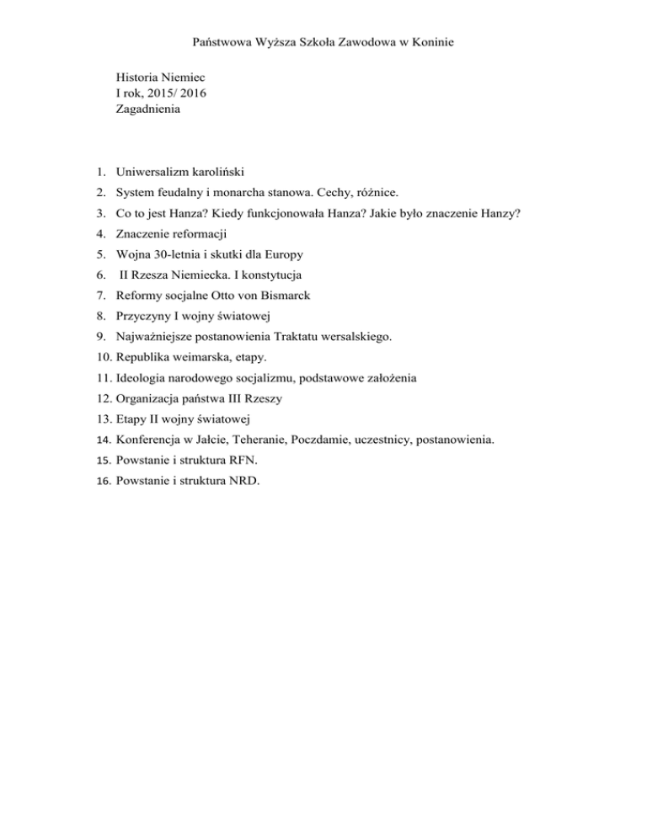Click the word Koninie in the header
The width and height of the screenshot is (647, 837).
pyautogui.click(x=432, y=40)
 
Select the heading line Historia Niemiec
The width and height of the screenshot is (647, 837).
pyautogui.click(x=161, y=77)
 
